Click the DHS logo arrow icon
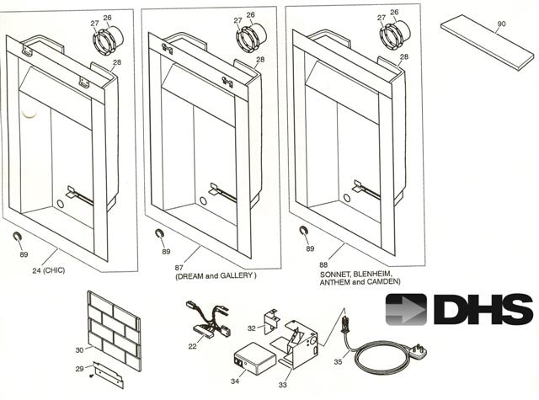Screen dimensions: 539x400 coord(406,309)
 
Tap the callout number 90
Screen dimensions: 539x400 coord(502,24)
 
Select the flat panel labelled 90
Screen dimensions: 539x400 coord(488,42)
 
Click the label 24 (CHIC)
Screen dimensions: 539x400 coord(49,270)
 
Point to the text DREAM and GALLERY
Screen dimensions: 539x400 coord(216,276)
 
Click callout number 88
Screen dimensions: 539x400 coord(323,264)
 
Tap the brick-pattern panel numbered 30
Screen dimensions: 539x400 coord(114,331)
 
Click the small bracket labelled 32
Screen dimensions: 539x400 coord(271,322)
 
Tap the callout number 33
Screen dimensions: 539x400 coord(283,385)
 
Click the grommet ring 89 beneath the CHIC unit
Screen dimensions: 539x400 coord(16,236)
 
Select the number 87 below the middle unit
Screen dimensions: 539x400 coord(179,267)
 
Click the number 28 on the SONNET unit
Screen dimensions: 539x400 coord(404,56)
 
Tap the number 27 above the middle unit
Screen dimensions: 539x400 coord(237,20)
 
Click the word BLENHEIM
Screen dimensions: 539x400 coord(371,274)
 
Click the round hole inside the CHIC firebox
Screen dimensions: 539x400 coord(60,204)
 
